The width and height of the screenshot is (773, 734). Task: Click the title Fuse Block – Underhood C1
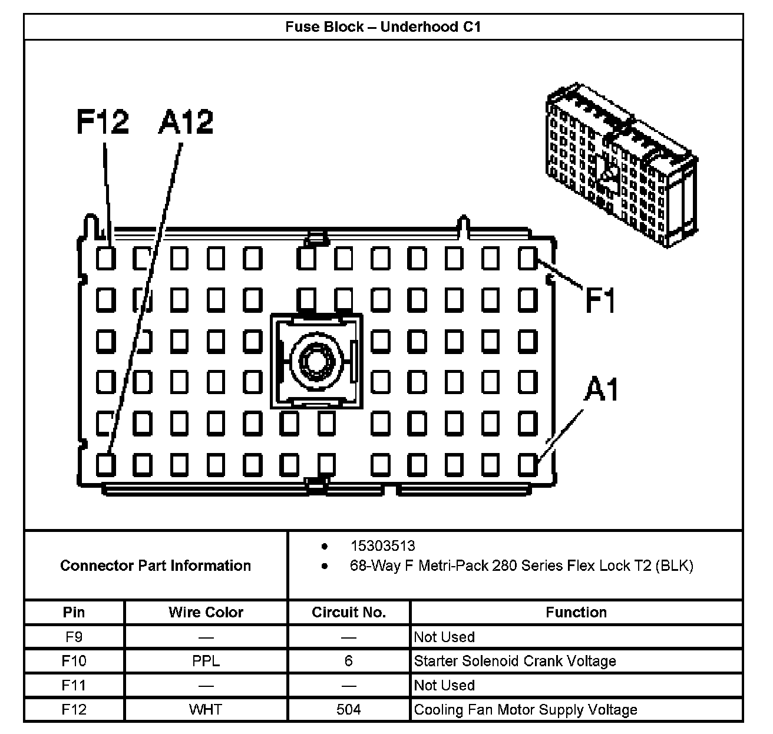[383, 27]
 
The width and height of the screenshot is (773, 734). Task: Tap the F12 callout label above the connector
[103, 122]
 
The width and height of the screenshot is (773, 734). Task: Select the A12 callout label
[186, 122]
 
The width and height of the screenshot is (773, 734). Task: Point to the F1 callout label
[600, 299]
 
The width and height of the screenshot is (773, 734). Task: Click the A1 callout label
[601, 389]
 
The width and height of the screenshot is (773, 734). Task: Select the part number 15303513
[382, 545]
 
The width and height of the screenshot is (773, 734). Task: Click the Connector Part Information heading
[156, 566]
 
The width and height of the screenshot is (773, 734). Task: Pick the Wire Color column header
[206, 612]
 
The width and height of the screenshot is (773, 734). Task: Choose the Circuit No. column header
[348, 612]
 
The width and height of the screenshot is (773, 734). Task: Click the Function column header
[576, 612]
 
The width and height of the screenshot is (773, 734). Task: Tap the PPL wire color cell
[206, 661]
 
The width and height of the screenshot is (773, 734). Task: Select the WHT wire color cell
[206, 709]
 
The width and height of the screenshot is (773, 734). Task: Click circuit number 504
[348, 709]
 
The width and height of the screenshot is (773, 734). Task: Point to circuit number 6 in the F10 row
[348, 661]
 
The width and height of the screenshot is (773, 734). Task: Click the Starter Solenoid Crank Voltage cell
[515, 661]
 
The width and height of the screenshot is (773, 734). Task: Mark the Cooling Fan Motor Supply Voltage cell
[526, 709]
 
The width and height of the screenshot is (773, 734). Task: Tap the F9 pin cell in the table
[74, 637]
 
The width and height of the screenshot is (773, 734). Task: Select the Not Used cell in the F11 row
[444, 685]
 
